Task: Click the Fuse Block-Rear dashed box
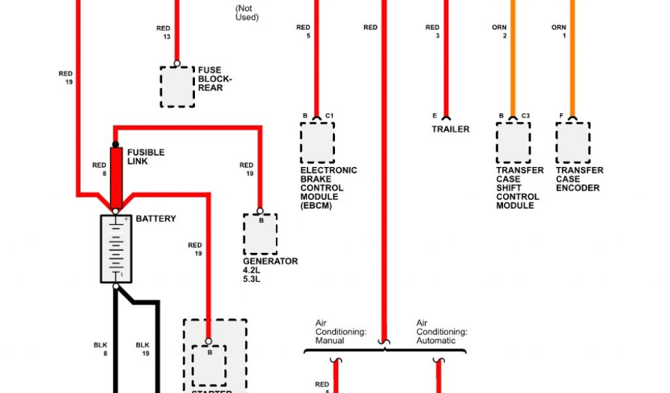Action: [x=177, y=86]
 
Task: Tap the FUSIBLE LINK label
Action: [x=145, y=157]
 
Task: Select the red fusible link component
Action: [x=116, y=177]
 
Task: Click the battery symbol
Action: [x=116, y=249]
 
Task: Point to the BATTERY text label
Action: [x=156, y=218]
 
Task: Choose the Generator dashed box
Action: [x=260, y=234]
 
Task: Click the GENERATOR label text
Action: [x=270, y=261]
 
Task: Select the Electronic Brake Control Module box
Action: [x=317, y=142]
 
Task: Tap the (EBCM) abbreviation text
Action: [x=316, y=206]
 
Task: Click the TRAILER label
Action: [x=450, y=129]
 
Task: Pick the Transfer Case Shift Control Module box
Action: [x=513, y=142]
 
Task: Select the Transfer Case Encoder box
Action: [x=573, y=142]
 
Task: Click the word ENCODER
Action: [x=578, y=188]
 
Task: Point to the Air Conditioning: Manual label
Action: [x=340, y=331]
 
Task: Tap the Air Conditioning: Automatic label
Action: [x=442, y=331]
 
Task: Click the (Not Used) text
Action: [x=247, y=13]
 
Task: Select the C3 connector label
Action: [x=525, y=116]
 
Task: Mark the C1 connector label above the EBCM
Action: [x=330, y=116]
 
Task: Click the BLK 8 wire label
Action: [x=100, y=349]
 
